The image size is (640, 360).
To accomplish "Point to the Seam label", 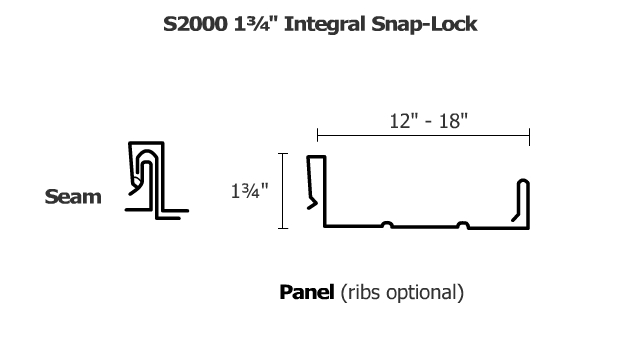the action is coord(73,197).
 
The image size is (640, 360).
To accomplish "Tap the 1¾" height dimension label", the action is coord(251,191).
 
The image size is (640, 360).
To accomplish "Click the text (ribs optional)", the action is coord(402,293).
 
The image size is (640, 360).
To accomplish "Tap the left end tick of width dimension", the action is coord(317,137).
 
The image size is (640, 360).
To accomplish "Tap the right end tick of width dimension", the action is coord(530,137).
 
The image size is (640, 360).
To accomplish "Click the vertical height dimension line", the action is coord(285,191).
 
